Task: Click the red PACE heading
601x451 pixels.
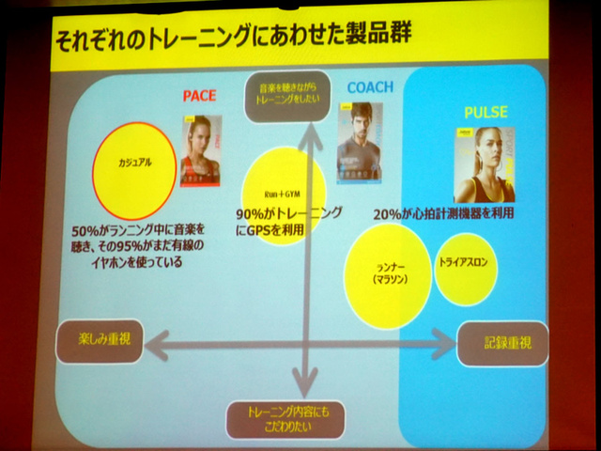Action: coord(199,96)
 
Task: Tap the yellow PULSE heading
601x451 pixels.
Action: coord(485,112)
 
